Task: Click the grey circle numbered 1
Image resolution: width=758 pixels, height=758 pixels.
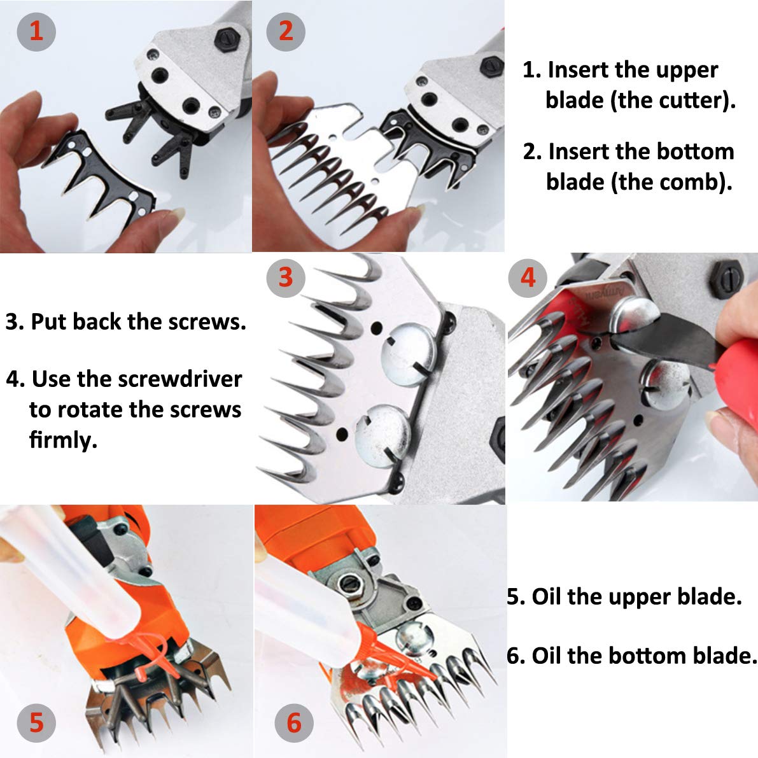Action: tap(36, 31)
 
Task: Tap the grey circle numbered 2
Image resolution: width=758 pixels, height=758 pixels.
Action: tap(286, 31)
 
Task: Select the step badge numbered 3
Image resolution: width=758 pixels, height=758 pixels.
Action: tap(286, 277)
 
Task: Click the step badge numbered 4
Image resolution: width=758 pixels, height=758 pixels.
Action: tap(528, 277)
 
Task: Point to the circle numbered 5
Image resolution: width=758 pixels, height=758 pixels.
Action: tap(36, 722)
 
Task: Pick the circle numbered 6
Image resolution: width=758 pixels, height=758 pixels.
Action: tap(293, 722)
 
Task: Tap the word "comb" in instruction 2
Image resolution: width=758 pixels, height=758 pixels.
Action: tap(693, 181)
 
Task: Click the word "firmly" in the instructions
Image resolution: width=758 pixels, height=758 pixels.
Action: tap(62, 439)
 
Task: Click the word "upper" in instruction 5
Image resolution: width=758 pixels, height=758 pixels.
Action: tap(638, 597)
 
